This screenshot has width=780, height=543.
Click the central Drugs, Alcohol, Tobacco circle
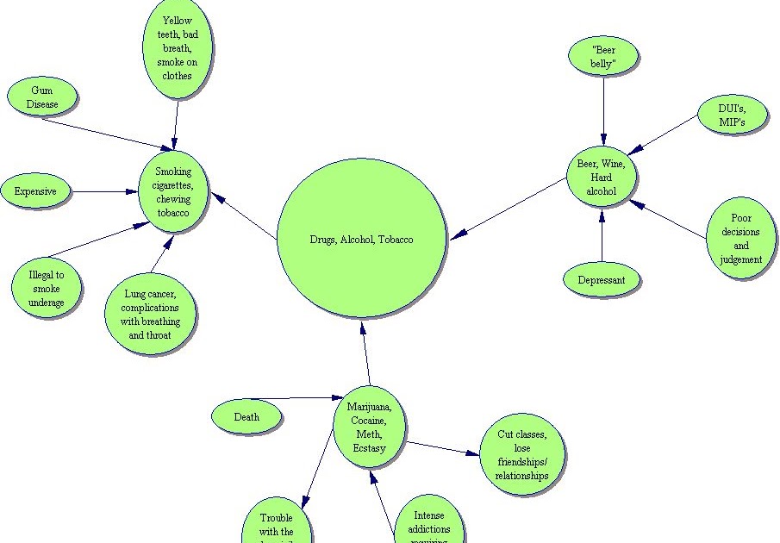[x=361, y=240]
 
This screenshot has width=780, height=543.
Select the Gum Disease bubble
[x=44, y=97]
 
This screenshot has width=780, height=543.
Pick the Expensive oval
[x=35, y=191]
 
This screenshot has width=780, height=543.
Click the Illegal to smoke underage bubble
[x=47, y=288]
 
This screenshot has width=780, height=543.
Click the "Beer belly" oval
[x=603, y=56]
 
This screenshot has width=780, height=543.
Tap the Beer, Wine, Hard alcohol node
[x=602, y=178]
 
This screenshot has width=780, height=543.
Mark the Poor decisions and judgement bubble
[x=740, y=239]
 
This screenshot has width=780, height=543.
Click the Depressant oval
[x=602, y=280]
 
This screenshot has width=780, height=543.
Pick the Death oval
[x=246, y=417]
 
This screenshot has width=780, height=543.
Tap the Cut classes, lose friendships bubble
[x=521, y=456]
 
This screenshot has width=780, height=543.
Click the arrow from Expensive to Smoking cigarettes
[x=105, y=191]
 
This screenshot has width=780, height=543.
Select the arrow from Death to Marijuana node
[x=293, y=398]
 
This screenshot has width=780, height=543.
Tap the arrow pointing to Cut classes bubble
[x=444, y=448]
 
